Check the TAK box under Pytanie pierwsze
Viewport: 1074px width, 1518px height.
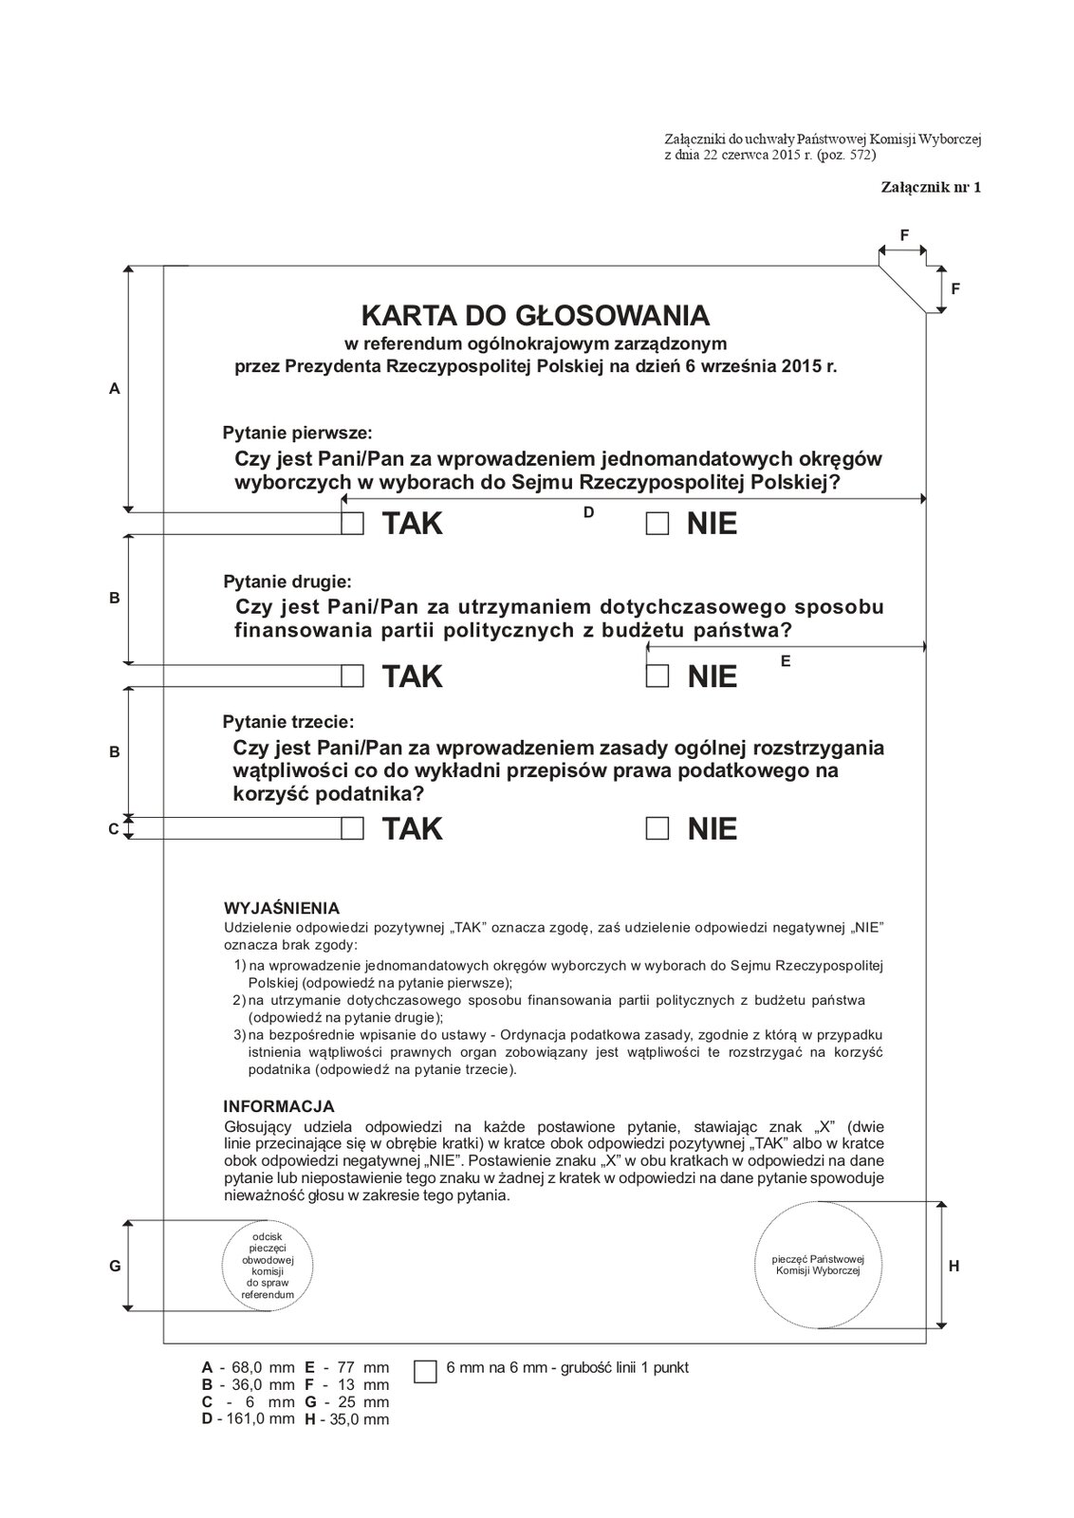point(353,524)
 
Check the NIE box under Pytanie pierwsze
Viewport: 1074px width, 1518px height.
point(657,524)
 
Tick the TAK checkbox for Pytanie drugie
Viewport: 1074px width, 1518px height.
point(353,676)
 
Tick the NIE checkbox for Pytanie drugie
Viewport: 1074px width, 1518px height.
point(657,676)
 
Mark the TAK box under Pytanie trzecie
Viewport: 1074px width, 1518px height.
point(353,828)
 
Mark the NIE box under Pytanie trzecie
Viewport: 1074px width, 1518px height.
point(657,828)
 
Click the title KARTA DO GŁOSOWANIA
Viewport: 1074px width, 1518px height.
point(535,315)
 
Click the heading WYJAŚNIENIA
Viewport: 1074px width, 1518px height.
point(281,908)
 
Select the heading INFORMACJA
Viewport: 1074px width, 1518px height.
point(278,1106)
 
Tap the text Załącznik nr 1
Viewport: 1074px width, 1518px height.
point(931,187)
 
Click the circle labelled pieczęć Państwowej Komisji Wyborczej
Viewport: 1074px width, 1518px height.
point(817,1264)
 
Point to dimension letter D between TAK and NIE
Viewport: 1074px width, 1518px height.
point(588,512)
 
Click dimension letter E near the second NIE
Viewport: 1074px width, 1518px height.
point(786,661)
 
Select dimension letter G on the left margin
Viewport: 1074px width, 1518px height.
point(115,1266)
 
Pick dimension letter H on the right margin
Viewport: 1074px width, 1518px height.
point(954,1266)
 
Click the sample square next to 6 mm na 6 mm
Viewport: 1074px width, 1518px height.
point(426,1371)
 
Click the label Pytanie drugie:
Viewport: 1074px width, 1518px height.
point(287,581)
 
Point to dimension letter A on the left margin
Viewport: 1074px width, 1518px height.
point(115,388)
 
